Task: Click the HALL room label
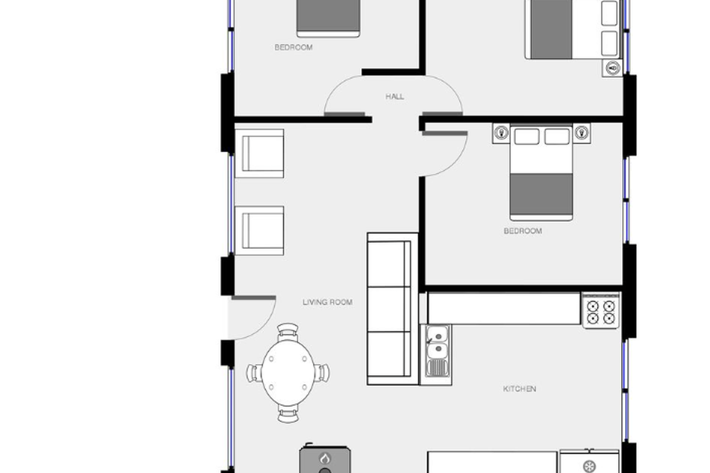(x=395, y=96)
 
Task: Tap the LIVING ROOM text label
(x=328, y=302)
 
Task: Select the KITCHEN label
(x=520, y=389)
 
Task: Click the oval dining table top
(x=288, y=373)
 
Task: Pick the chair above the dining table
(x=287, y=332)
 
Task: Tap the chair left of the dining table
(x=254, y=373)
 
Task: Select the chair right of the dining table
(x=322, y=373)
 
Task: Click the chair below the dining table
(x=288, y=414)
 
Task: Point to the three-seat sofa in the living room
(x=392, y=309)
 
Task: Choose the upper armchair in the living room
(x=259, y=153)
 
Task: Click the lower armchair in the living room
(x=259, y=231)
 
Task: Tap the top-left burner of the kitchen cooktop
(x=593, y=307)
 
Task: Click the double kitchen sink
(x=436, y=354)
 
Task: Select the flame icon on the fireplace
(x=325, y=458)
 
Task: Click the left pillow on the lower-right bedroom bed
(x=527, y=136)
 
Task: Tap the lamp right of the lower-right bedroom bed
(x=582, y=132)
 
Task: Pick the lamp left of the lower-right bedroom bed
(x=501, y=132)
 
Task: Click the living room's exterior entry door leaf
(x=254, y=298)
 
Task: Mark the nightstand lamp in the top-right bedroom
(x=612, y=68)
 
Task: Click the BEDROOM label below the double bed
(x=523, y=231)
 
